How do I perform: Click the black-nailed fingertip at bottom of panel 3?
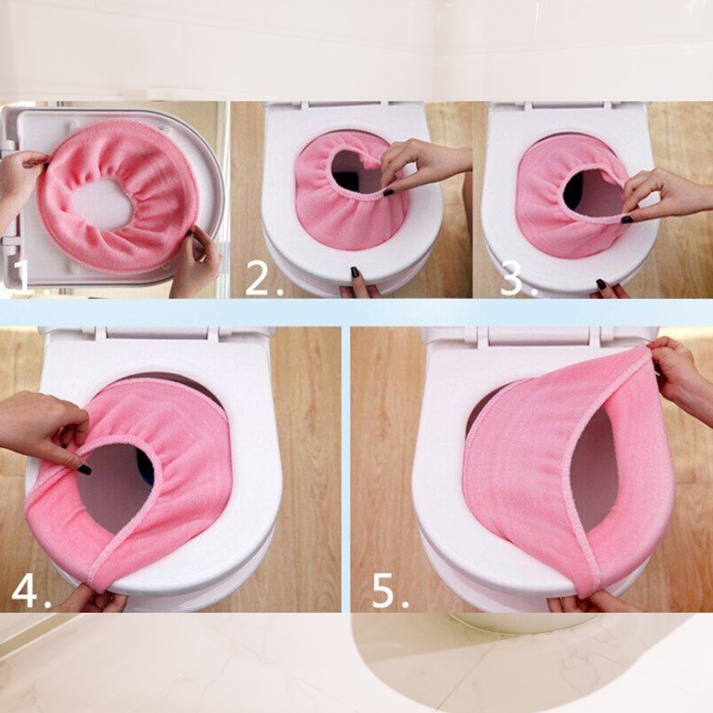[601, 285]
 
